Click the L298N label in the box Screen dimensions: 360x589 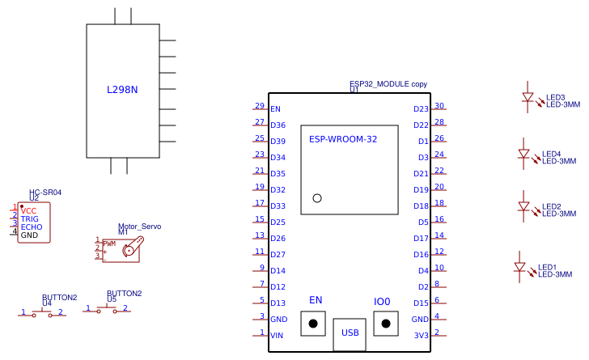[122, 90]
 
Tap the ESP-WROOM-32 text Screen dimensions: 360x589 [343, 139]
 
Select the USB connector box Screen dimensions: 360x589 [350, 332]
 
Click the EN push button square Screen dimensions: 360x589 [313, 324]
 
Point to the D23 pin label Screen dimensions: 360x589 [421, 109]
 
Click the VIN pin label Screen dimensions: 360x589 [278, 335]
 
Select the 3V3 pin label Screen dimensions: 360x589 [421, 335]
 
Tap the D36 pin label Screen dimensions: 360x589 [278, 125]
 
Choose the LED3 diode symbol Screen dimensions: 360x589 [528, 98]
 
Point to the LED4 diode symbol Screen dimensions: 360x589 [523, 154]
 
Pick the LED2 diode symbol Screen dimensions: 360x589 [523, 207]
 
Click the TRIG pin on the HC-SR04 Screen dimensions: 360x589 [30, 218]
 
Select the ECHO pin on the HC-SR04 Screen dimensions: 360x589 [32, 227]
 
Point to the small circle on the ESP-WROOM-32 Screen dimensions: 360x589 [317, 198]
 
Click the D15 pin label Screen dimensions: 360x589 [421, 303]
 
